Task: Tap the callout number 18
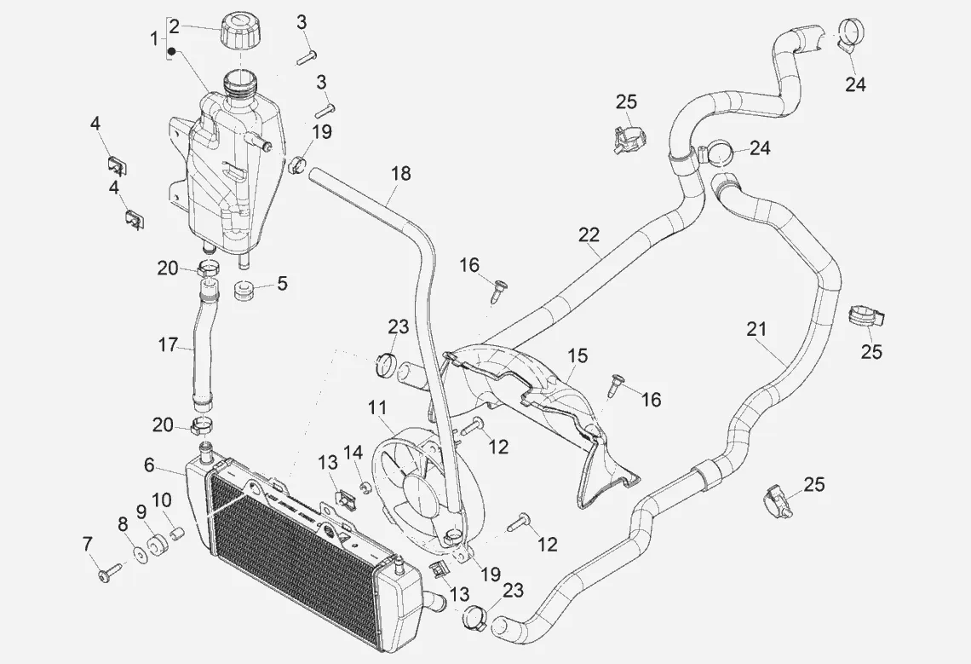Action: click(x=400, y=174)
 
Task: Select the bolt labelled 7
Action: click(x=109, y=575)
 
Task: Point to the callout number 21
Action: click(x=756, y=329)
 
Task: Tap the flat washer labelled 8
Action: click(x=139, y=560)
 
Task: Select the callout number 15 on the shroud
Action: click(x=578, y=355)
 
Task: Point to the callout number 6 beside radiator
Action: click(x=149, y=465)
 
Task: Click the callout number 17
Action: click(x=169, y=345)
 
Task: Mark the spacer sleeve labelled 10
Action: click(x=178, y=534)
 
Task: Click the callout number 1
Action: click(x=154, y=38)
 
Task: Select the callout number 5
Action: click(x=282, y=283)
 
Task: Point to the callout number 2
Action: click(x=174, y=26)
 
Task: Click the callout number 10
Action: click(x=162, y=499)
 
